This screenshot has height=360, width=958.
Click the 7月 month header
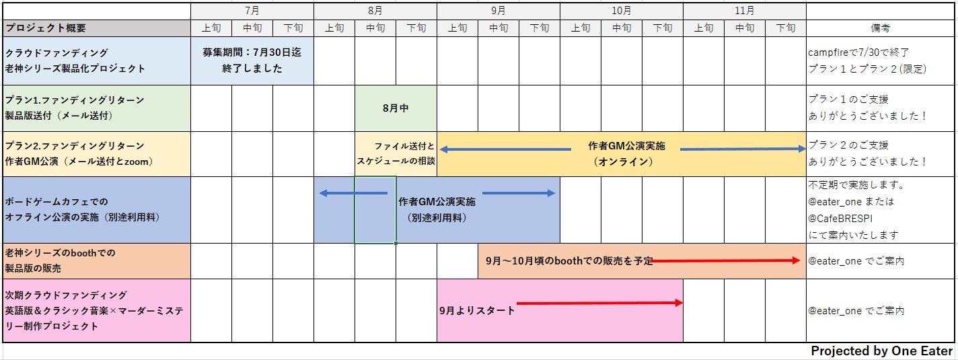click(252, 11)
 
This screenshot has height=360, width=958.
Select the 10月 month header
click(621, 11)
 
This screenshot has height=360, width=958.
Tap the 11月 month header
click(744, 11)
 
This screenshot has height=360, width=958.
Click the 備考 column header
click(880, 28)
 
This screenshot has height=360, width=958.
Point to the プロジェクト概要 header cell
click(46, 28)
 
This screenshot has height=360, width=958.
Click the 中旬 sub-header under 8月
click(375, 28)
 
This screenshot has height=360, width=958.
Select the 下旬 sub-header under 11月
click(786, 28)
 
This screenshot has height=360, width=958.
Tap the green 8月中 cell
click(396, 108)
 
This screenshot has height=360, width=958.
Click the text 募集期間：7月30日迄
click(252, 52)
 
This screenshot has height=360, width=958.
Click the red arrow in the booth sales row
click(726, 260)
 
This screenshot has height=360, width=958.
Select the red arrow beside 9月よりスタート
click(599, 303)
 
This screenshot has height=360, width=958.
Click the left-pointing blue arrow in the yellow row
click(505, 149)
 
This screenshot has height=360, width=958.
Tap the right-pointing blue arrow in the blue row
click(518, 193)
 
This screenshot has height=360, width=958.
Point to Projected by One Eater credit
click(881, 351)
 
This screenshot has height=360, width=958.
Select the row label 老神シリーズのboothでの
click(61, 253)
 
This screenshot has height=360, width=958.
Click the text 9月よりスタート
click(477, 310)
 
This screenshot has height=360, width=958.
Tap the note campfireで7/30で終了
click(858, 52)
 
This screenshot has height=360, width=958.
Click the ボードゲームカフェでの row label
click(57, 201)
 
